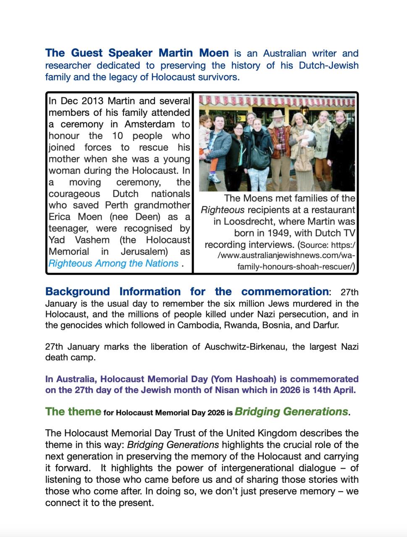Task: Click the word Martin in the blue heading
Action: [176, 53]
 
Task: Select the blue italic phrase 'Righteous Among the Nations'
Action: [113, 263]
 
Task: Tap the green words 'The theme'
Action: [73, 412]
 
